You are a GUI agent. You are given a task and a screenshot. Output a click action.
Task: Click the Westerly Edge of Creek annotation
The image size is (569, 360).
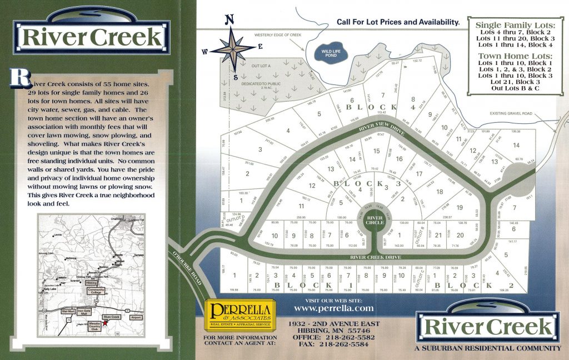pos(278,35)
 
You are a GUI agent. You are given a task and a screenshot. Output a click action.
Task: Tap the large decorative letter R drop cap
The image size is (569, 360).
pos(19,77)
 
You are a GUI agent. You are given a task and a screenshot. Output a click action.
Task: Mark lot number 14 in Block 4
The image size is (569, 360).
pos(516,146)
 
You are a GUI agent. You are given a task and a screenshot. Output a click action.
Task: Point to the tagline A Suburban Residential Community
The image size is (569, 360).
pos(487,348)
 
